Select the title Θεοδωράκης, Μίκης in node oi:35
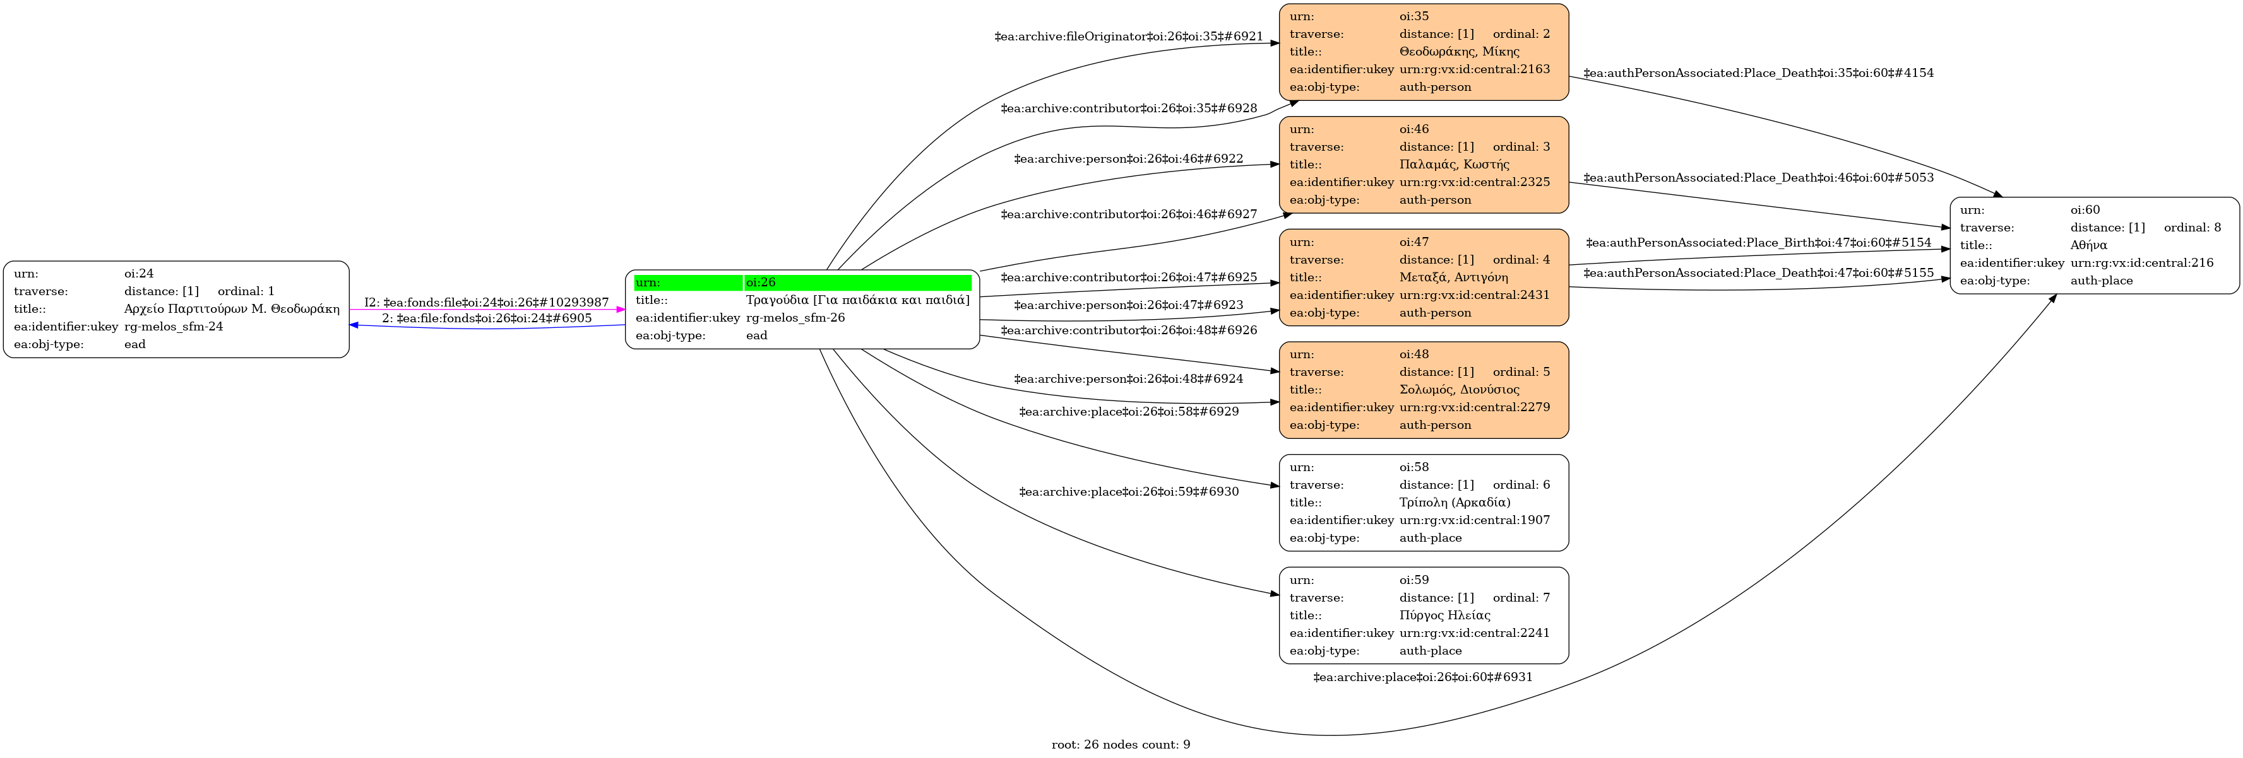[x=1458, y=51]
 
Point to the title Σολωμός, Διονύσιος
[x=1458, y=390]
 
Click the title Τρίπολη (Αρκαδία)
[x=1454, y=502]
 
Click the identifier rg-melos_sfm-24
[x=173, y=327]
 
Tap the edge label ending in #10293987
[x=486, y=303]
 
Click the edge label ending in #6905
[x=487, y=318]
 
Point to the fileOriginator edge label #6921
[x=1129, y=37]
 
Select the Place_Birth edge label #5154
[x=1758, y=243]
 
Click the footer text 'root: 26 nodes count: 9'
[x=1121, y=745]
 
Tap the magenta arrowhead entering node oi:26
[x=621, y=310]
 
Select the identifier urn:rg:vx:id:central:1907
[x=1474, y=520]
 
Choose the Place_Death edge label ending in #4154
[x=1758, y=73]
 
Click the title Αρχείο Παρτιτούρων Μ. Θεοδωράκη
[x=232, y=309]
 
